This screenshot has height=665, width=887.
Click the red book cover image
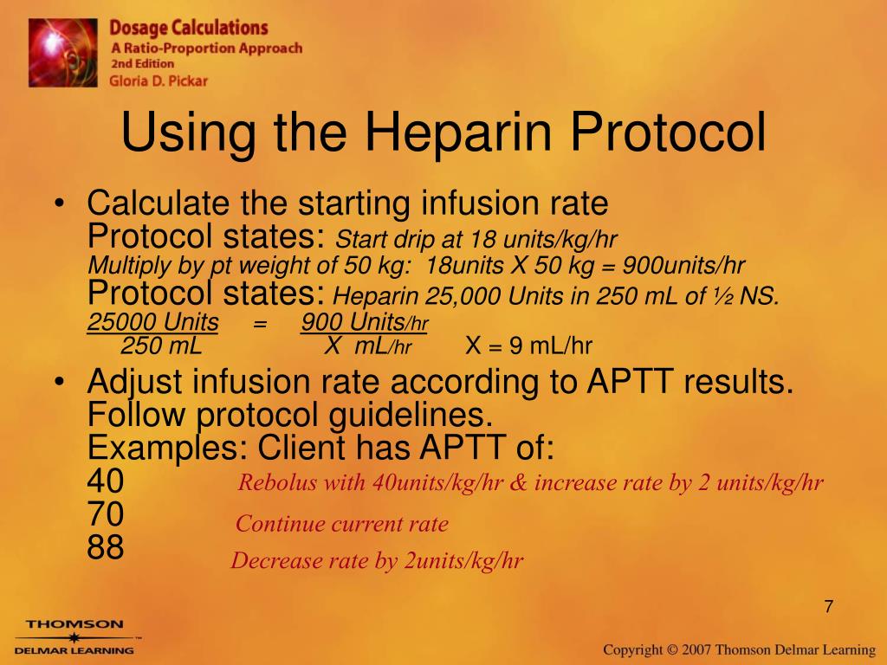click(x=62, y=53)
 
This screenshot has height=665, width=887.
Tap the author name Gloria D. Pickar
click(x=159, y=81)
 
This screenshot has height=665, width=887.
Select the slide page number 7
click(x=829, y=606)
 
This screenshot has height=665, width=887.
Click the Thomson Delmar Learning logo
click(x=74, y=637)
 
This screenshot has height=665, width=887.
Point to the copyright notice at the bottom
click(x=740, y=649)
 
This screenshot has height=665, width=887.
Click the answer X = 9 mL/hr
click(x=529, y=345)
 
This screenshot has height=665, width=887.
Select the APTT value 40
click(x=105, y=481)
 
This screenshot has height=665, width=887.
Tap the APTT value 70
click(x=105, y=514)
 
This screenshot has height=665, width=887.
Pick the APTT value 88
click(x=105, y=547)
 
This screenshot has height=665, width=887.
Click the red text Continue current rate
click(x=341, y=524)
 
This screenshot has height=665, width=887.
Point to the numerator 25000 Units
click(x=152, y=322)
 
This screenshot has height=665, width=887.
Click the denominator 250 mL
click(x=161, y=345)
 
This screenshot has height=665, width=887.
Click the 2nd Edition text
click(x=143, y=63)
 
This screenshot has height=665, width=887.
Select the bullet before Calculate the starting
click(x=60, y=203)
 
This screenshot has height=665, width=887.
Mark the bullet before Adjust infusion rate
click(x=60, y=382)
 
